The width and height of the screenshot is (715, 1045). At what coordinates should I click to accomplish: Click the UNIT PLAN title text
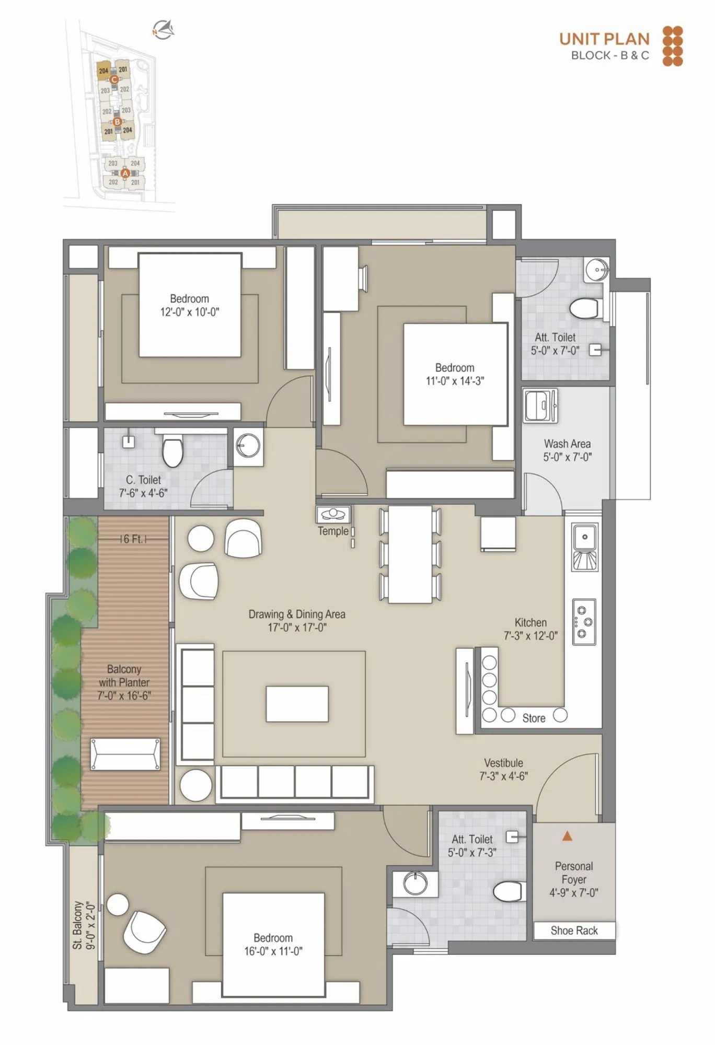pos(604,39)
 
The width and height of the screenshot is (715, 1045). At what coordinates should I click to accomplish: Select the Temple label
pos(333,531)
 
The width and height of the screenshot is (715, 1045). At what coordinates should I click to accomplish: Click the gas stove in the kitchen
pos(584,622)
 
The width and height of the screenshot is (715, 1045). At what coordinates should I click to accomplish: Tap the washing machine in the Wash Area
pos(540,405)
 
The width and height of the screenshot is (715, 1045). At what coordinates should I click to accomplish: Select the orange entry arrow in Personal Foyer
pos(567,837)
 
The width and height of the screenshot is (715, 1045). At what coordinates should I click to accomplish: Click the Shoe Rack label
pos(574,931)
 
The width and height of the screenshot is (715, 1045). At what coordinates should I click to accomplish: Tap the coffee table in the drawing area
pos(297,704)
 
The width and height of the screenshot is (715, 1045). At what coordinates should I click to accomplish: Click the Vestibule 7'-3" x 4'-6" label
pos(503,770)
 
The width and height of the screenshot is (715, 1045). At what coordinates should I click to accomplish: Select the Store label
pos(534,718)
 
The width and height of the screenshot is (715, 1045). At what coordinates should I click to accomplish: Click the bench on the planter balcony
pos(125,754)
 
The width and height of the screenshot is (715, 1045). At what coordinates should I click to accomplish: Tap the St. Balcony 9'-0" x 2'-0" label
pos(83,925)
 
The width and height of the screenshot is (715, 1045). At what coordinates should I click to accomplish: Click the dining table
pos(410,554)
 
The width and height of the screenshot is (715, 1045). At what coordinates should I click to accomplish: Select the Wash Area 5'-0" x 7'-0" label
pos(567,450)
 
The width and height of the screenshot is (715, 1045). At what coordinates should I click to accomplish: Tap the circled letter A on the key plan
pos(125,173)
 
